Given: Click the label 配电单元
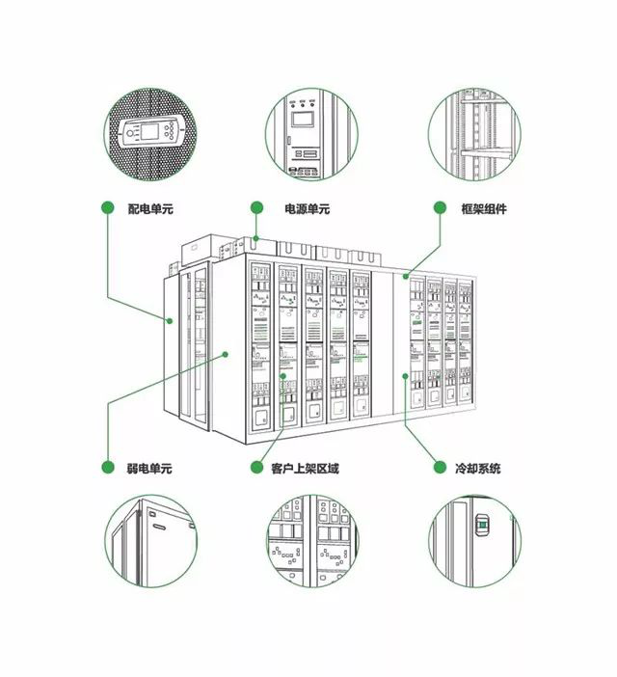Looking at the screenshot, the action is click(x=150, y=209).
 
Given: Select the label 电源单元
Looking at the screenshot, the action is click(x=308, y=209).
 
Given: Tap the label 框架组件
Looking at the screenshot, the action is click(x=484, y=209).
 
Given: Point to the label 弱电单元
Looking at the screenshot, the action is click(x=149, y=469).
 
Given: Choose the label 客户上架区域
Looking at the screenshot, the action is click(x=305, y=469).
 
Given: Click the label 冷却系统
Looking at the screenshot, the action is click(x=477, y=469).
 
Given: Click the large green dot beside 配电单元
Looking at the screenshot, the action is click(x=107, y=207).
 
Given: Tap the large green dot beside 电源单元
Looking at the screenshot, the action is click(x=256, y=207).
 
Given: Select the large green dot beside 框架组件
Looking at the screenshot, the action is click(x=440, y=207).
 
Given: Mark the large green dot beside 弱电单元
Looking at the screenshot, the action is click(x=107, y=467).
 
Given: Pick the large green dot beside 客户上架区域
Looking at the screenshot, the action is click(x=256, y=467).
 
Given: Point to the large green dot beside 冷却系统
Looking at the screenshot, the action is click(x=440, y=467).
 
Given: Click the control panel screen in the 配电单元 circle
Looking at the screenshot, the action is click(x=149, y=132).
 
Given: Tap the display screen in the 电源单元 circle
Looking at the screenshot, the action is click(x=303, y=120).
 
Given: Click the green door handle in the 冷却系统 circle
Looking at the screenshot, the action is click(x=483, y=525).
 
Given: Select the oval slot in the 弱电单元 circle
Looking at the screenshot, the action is click(x=158, y=528).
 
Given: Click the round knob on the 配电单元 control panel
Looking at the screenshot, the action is click(x=130, y=133).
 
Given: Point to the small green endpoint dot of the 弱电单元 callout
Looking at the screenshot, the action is click(x=225, y=354).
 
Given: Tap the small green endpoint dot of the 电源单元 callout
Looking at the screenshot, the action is click(x=255, y=238).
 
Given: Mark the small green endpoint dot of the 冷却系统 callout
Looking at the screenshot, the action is click(x=405, y=376).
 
